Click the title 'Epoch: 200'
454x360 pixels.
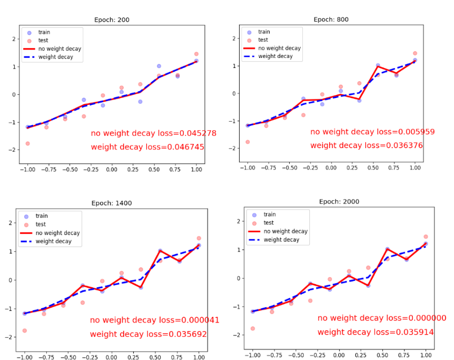(112, 20)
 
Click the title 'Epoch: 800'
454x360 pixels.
(331, 20)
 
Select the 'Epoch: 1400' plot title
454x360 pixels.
(112, 203)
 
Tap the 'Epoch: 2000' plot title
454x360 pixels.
(339, 202)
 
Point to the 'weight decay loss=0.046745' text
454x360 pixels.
(147, 147)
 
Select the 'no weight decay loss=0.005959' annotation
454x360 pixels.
(372, 132)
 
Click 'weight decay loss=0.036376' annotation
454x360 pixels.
(367, 145)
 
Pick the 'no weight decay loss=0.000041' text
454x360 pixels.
(154, 320)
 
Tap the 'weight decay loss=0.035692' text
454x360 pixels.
(148, 334)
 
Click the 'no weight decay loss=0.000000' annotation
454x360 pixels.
(382, 318)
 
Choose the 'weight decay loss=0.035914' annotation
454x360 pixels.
(376, 332)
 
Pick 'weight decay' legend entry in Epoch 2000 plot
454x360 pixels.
(281, 240)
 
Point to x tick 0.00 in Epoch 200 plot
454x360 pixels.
(112, 170)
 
